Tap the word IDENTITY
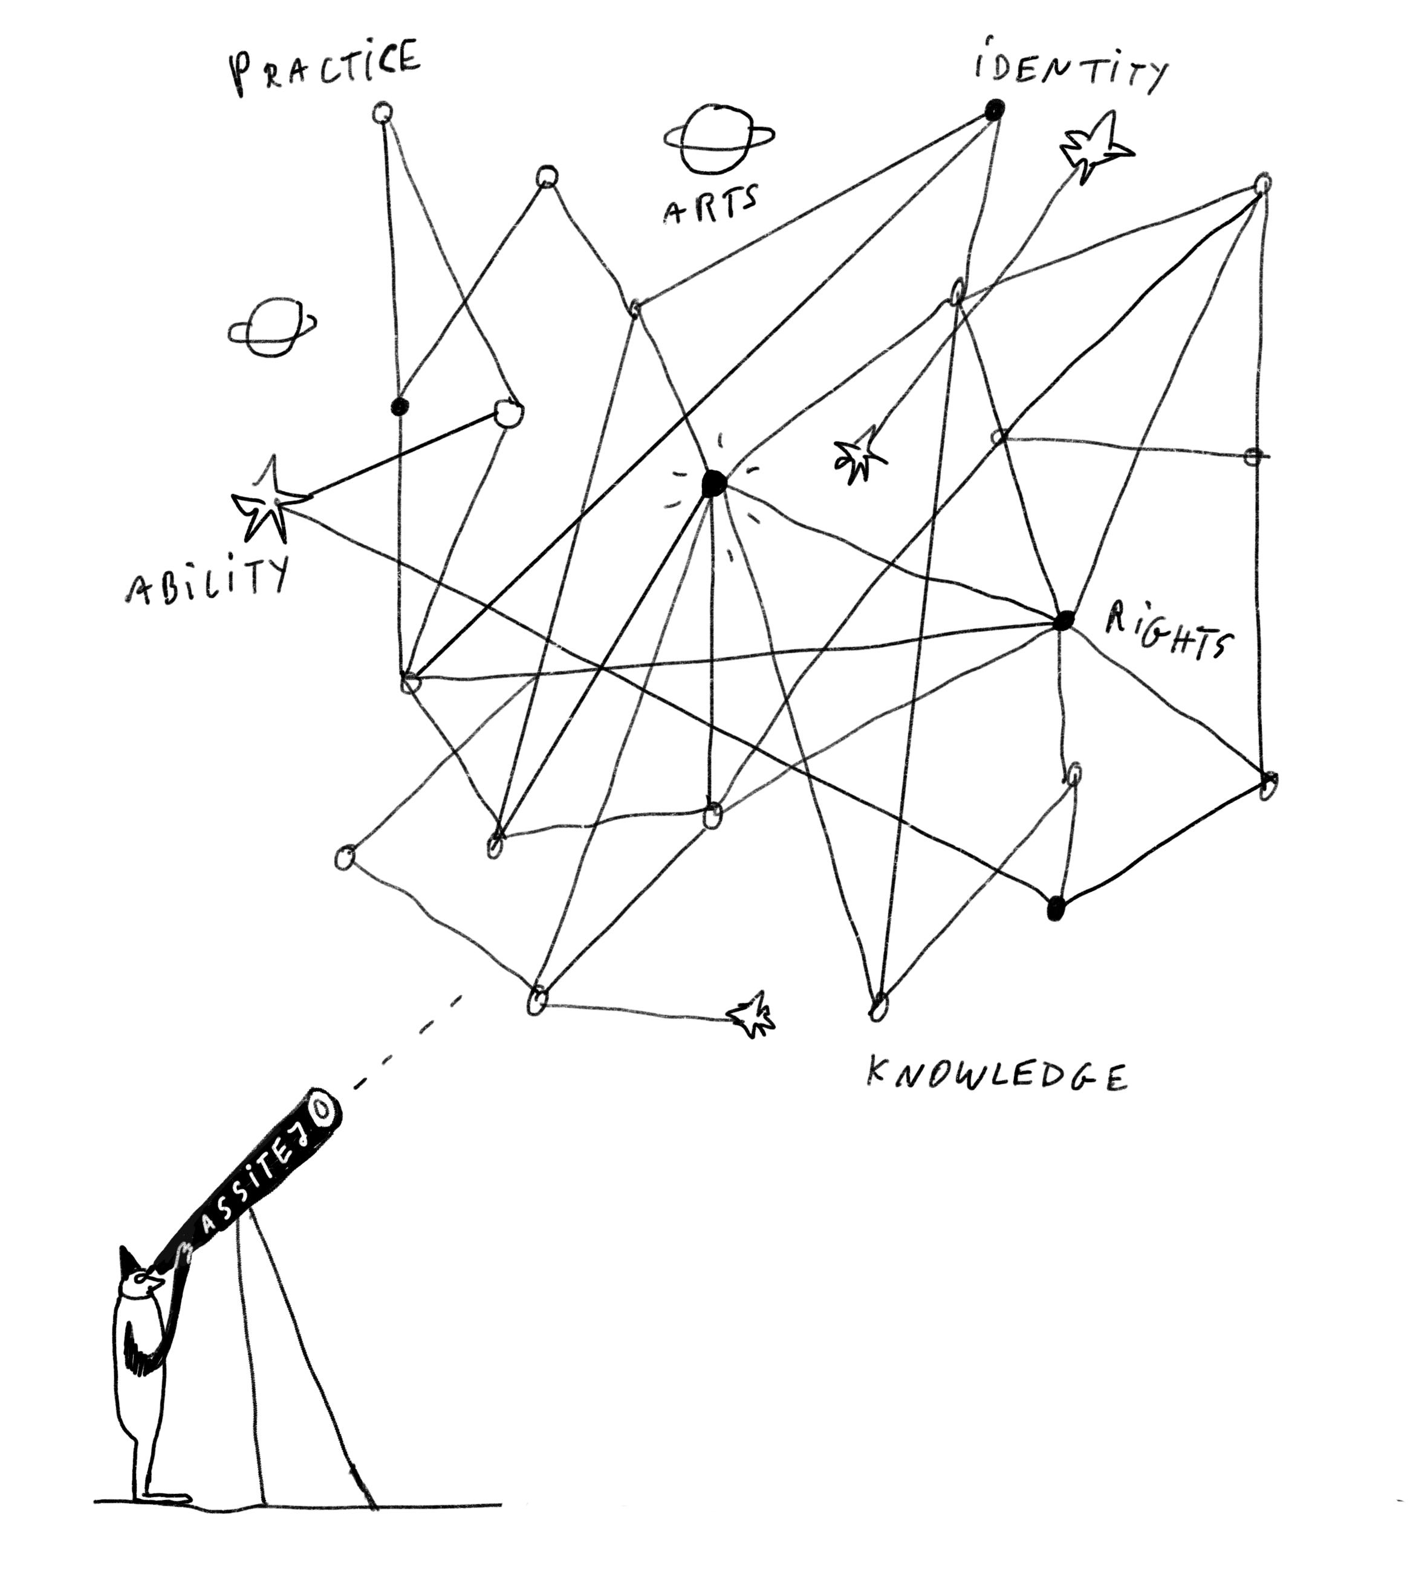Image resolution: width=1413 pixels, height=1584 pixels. click(1070, 68)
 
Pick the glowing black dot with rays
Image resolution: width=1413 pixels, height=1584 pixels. click(713, 484)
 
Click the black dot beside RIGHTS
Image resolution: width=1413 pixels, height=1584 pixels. click(1064, 620)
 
